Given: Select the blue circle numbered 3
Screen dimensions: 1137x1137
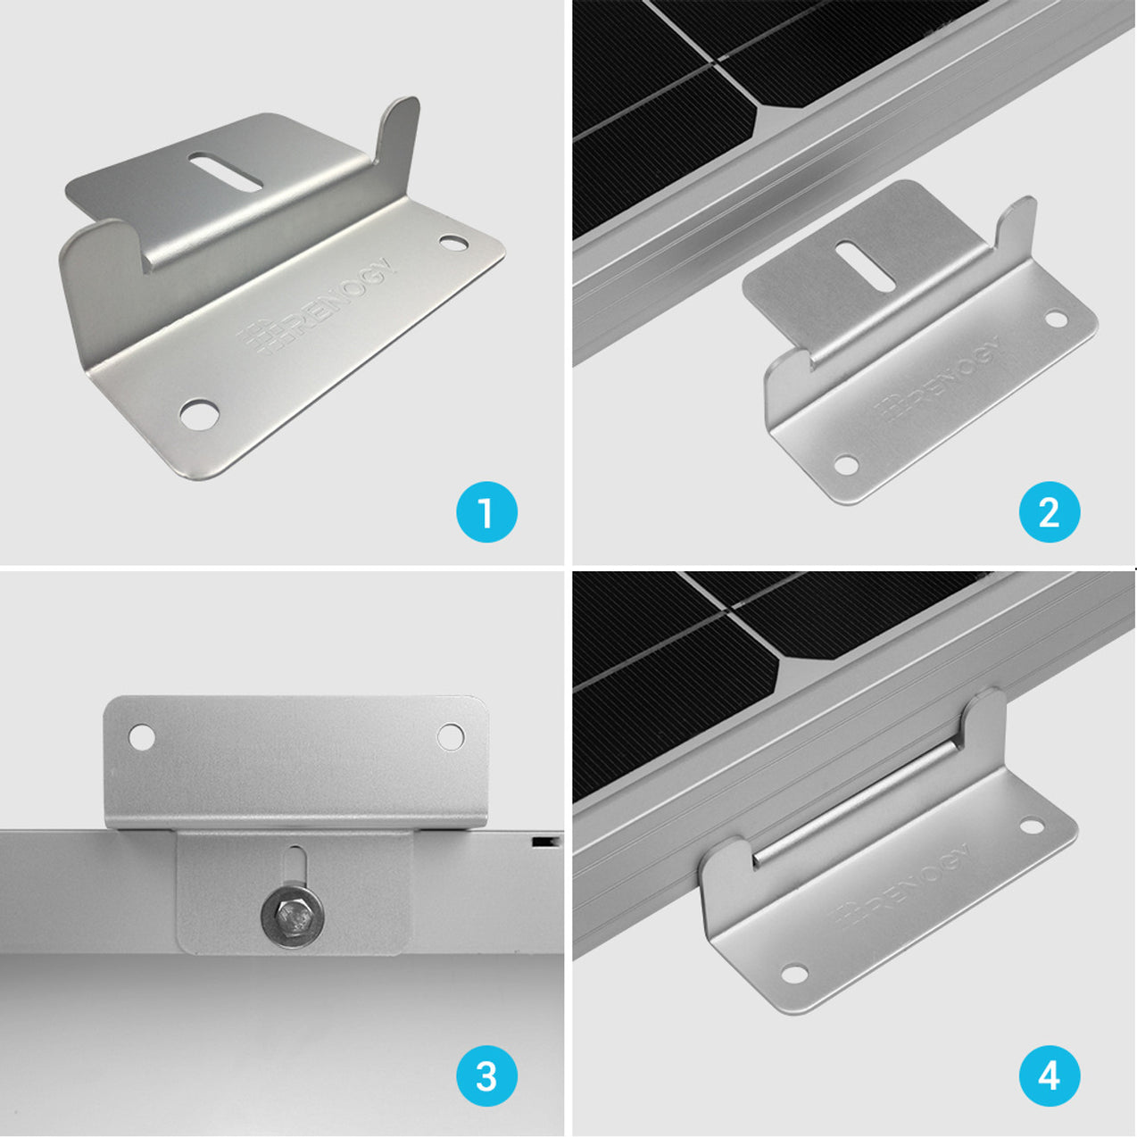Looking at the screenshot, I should pos(486,1075).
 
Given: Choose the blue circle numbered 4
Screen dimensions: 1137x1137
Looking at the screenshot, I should pos(1050,1075).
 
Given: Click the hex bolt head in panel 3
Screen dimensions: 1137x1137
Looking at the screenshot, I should pos(293,915).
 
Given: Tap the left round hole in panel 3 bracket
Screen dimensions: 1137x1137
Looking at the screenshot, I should pos(142,737).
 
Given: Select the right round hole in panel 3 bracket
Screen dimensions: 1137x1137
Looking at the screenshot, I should pos(450,736).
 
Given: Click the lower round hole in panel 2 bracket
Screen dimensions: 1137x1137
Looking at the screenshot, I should pos(844,465).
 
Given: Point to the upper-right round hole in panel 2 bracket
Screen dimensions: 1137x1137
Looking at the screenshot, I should pos(1057,318).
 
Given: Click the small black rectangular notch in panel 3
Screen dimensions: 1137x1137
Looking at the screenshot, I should pos(540,841).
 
